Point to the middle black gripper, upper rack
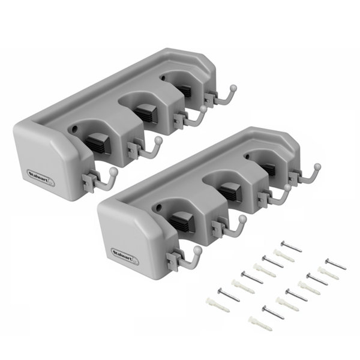143,110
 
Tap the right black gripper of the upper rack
182,90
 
